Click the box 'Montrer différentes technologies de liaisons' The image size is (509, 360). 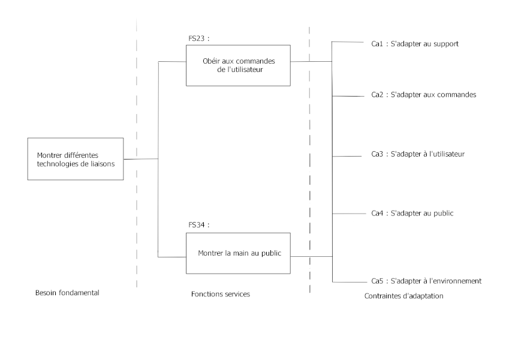(75, 159)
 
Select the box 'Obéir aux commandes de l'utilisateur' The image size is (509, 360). (238, 65)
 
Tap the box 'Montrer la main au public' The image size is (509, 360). (238, 253)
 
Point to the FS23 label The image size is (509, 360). (199, 39)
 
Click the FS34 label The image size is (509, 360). (199, 226)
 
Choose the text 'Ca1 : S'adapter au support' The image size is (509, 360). (415, 44)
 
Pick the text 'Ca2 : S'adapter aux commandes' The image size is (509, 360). (423, 95)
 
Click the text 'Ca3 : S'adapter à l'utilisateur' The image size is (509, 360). (418, 154)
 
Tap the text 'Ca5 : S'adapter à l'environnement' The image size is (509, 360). (426, 281)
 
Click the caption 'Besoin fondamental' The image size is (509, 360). (67, 293)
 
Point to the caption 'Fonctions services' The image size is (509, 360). (220, 294)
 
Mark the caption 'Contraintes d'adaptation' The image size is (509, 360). (403, 296)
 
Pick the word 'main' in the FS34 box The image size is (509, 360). (241, 253)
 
